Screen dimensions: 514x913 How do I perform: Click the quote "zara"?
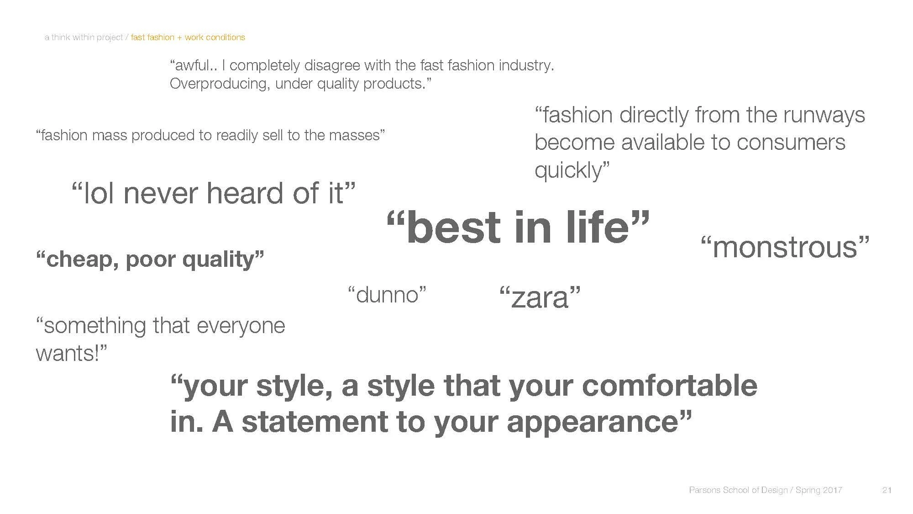[540, 297]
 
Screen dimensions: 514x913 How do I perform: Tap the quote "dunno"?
[387, 295]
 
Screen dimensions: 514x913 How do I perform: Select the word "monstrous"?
[785, 247]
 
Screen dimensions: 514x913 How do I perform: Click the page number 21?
[887, 490]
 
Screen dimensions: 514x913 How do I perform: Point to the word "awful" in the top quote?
[194, 65]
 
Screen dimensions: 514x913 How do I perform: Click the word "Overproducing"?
[219, 84]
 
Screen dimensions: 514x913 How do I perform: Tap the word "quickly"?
[569, 170]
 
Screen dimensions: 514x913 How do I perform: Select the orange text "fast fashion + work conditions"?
[188, 37]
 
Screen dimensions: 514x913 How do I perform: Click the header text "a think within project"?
[84, 37]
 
